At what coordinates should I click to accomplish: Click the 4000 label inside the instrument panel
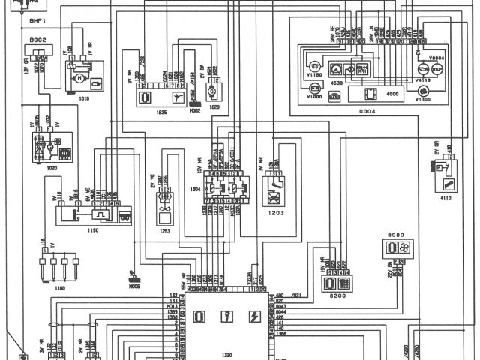tap(392, 94)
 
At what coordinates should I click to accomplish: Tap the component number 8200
tap(330, 298)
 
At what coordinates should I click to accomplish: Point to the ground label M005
tap(135, 286)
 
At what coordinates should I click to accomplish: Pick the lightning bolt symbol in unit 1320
tap(253, 316)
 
